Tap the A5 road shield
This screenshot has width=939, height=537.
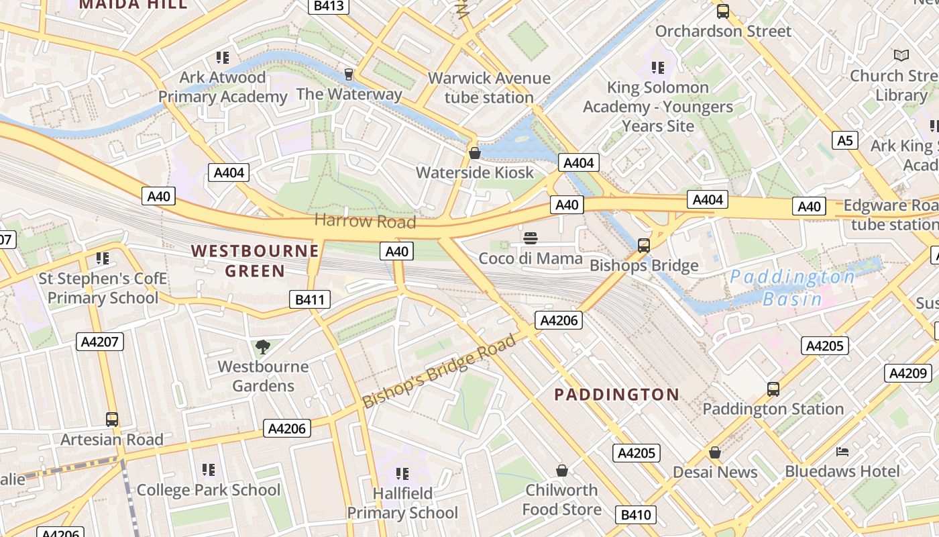click(x=845, y=140)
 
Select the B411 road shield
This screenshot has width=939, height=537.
click(x=310, y=299)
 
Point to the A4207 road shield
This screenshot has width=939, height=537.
click(x=100, y=342)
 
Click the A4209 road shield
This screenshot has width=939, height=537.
click(x=908, y=373)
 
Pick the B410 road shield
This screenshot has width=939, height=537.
click(x=636, y=515)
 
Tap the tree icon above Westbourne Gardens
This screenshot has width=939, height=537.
click(x=263, y=347)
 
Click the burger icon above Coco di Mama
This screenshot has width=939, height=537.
click(x=531, y=238)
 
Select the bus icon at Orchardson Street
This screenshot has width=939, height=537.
click(x=722, y=11)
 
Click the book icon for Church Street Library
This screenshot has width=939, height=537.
click(x=901, y=55)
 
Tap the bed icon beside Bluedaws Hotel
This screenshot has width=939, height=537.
click(x=842, y=451)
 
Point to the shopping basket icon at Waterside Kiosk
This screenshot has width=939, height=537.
click(x=475, y=154)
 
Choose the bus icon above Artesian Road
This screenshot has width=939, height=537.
click(x=112, y=420)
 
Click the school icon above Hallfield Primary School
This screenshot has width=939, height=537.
click(x=402, y=474)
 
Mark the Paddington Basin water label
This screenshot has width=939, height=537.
click(x=793, y=288)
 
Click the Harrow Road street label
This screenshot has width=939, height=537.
click(x=365, y=221)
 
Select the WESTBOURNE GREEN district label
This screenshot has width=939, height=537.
click(x=255, y=261)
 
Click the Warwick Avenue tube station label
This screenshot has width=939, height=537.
click(x=489, y=88)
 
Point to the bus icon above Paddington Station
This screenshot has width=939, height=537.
click(x=773, y=389)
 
